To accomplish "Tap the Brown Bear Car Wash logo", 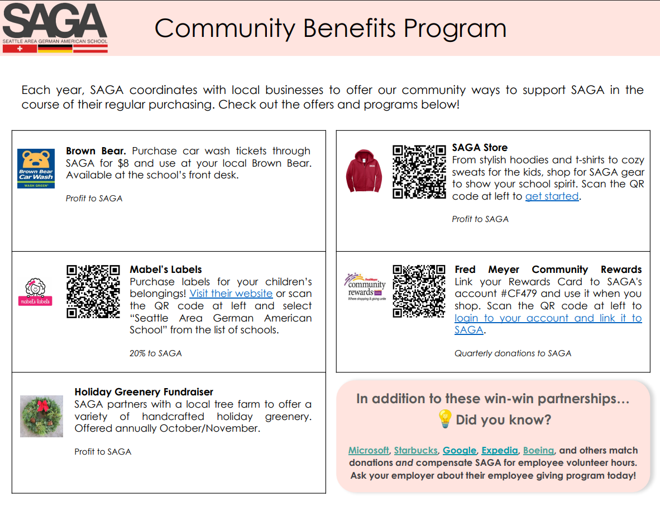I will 36,168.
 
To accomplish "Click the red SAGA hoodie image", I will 364,171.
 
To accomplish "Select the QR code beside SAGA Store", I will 419,172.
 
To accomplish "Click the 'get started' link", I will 552,196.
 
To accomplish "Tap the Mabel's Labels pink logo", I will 35,292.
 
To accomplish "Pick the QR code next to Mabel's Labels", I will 93,292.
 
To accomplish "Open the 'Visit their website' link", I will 231,294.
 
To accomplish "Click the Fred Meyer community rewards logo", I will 365,287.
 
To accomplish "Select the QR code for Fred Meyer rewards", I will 419,291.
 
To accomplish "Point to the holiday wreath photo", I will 42,416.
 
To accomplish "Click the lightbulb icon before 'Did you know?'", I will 444,419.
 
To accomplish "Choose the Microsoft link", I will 369,450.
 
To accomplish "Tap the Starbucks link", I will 416,450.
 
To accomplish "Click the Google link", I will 460,450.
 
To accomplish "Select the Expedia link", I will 500,450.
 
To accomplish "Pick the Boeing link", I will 538,450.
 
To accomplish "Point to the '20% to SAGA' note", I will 156,353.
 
